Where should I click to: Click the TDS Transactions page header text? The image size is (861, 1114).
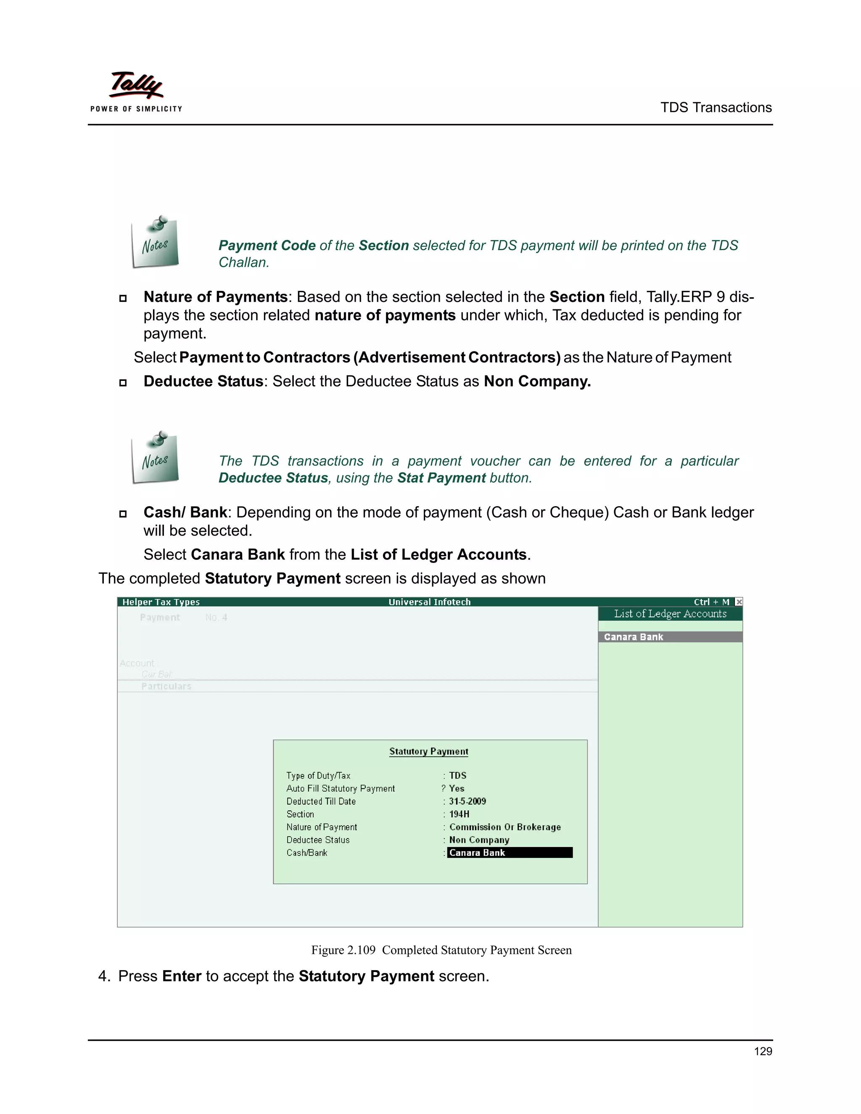(716, 108)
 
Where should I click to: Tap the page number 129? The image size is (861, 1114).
(763, 1051)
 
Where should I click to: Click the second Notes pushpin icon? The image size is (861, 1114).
(155, 457)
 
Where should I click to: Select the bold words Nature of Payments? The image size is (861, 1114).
(215, 297)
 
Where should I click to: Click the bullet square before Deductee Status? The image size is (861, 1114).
(123, 383)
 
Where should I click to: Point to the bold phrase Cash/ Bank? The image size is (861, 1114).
(185, 512)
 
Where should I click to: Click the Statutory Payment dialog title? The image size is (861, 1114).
(428, 751)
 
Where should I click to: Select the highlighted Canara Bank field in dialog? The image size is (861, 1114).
(510, 853)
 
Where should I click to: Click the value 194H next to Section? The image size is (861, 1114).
(459, 814)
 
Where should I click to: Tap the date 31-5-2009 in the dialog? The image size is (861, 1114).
(467, 801)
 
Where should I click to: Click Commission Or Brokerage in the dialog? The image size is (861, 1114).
(505, 827)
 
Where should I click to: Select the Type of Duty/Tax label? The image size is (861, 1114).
(318, 775)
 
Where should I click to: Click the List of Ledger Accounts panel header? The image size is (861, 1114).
(670, 614)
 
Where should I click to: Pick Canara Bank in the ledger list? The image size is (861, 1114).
(634, 636)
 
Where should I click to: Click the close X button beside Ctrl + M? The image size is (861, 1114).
(739, 602)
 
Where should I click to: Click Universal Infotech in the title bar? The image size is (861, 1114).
(430, 602)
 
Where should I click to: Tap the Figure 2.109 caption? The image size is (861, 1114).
(441, 950)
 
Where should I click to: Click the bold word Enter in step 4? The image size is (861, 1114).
(182, 976)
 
